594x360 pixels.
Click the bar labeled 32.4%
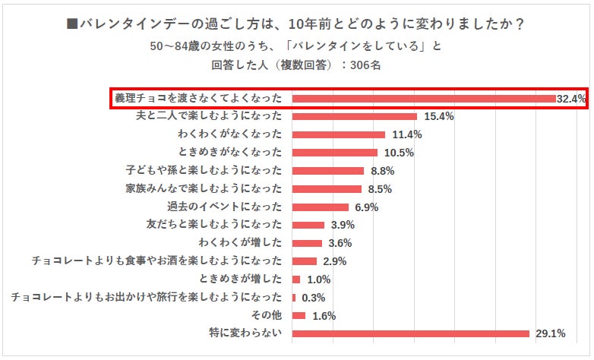[x=423, y=99]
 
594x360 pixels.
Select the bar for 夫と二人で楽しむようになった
[x=355, y=117]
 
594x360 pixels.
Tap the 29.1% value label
[x=548, y=333]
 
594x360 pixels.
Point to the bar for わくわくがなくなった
[x=339, y=135]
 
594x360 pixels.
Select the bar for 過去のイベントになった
[x=321, y=207]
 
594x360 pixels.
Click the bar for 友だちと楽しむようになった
[x=308, y=225]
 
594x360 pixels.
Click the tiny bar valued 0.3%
[x=294, y=298]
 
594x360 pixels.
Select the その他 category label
[x=267, y=315]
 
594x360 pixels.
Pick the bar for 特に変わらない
[x=410, y=333]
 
